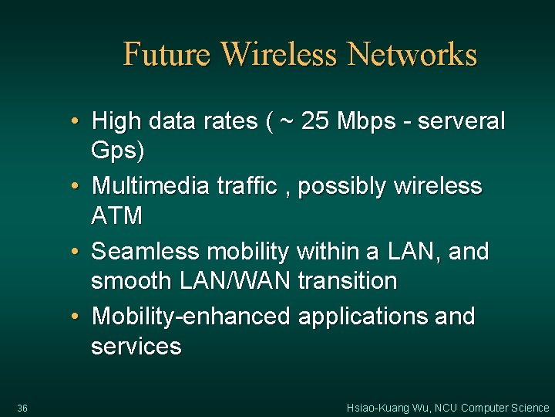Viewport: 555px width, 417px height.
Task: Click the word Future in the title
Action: (166, 55)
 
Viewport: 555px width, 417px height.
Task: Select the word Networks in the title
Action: (412, 55)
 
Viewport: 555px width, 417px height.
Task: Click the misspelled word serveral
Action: (466, 120)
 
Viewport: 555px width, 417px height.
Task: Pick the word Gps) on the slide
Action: (117, 151)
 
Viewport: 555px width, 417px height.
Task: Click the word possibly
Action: (343, 186)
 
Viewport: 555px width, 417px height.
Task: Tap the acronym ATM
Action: (116, 215)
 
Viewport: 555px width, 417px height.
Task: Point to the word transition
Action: (347, 280)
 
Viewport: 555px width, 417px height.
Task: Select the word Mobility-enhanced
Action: (190, 316)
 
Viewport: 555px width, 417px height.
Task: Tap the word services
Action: (136, 346)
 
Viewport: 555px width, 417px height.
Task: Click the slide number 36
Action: (22, 408)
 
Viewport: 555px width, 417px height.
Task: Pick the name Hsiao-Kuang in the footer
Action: (372, 408)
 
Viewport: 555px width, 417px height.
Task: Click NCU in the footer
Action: (445, 408)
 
